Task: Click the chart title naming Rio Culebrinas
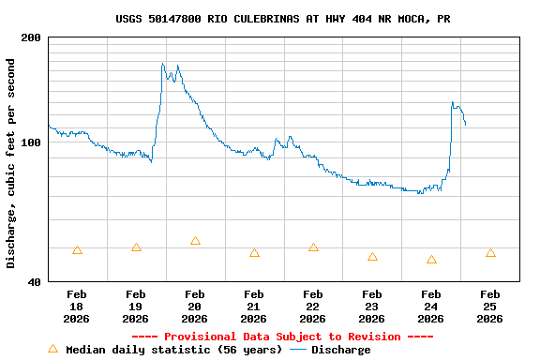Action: (x=282, y=19)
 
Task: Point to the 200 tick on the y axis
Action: (x=31, y=37)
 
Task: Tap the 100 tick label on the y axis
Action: (x=31, y=142)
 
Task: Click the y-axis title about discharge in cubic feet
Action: (x=11, y=163)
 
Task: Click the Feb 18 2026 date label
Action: (x=77, y=307)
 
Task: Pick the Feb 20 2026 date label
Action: (x=194, y=307)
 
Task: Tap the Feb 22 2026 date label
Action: (x=312, y=307)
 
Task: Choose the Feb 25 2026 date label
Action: (x=489, y=307)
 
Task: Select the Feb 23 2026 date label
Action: (x=371, y=307)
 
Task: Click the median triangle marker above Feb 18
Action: (x=77, y=250)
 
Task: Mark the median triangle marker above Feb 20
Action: (x=195, y=241)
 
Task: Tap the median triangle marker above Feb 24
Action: (x=431, y=260)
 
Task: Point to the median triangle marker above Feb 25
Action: (x=490, y=253)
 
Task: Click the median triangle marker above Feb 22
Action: (x=313, y=247)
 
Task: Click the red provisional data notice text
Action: (x=282, y=337)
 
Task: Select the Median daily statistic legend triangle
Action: (x=52, y=349)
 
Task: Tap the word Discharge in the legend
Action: (x=340, y=350)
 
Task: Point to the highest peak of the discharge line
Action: (x=162, y=64)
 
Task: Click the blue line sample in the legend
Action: (x=298, y=350)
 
